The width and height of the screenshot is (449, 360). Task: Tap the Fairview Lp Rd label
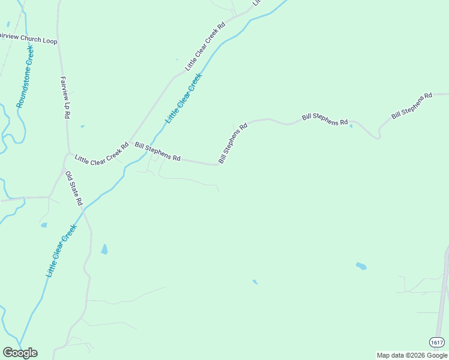(x=65, y=97)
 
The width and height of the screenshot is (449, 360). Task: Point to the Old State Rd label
(x=73, y=188)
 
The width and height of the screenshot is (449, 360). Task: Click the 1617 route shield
(x=437, y=342)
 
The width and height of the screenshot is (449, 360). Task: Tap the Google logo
(x=20, y=353)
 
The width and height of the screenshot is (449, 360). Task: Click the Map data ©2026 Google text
(x=412, y=355)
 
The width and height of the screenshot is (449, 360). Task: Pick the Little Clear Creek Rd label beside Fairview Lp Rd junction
(x=101, y=153)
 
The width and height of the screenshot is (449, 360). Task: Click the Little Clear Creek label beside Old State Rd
(x=61, y=250)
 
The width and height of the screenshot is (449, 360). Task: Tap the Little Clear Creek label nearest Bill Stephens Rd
(x=184, y=98)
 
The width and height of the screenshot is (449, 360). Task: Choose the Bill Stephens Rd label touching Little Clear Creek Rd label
(x=158, y=151)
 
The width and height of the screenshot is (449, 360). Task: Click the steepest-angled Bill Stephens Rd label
(x=233, y=143)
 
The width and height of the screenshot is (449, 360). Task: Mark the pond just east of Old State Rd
(x=104, y=249)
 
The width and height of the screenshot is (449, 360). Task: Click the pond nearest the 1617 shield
(x=361, y=266)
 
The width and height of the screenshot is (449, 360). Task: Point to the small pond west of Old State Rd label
(x=44, y=226)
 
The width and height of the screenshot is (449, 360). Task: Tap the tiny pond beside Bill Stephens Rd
(x=351, y=126)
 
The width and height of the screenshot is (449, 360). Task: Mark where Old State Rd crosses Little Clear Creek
(x=84, y=210)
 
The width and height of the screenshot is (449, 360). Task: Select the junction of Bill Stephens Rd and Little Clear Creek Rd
(x=130, y=142)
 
